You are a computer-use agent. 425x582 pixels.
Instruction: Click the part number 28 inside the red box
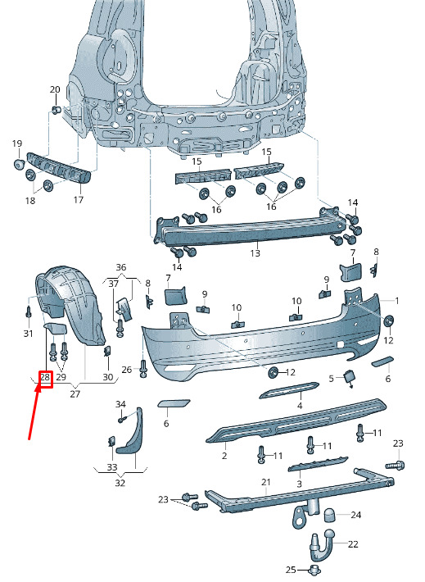(45, 378)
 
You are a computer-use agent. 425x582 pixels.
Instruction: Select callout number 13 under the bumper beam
(255, 253)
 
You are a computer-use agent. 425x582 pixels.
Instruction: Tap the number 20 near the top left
(55, 89)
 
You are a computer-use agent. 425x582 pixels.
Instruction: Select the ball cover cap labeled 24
(331, 516)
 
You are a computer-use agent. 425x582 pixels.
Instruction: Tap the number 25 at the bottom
(291, 570)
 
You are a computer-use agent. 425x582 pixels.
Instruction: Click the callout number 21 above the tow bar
(266, 482)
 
